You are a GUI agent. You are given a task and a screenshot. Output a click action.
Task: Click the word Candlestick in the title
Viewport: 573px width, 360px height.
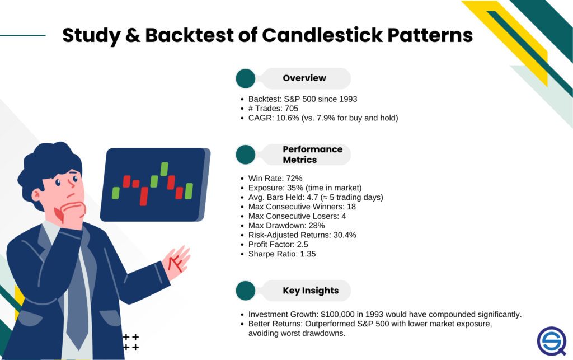click(x=323, y=35)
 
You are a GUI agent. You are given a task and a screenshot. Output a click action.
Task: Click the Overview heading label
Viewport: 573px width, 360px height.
click(x=304, y=78)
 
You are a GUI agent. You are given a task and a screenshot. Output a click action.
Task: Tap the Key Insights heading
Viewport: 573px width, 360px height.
click(x=311, y=291)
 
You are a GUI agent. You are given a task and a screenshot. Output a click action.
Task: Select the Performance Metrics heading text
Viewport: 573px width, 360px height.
click(x=312, y=155)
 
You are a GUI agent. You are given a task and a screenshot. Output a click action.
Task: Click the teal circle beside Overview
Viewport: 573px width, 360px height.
click(x=246, y=78)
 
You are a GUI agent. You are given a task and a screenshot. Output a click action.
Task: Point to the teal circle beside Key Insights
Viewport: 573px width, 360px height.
click(x=246, y=291)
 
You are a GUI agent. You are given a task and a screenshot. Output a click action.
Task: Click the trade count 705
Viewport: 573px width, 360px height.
click(x=292, y=109)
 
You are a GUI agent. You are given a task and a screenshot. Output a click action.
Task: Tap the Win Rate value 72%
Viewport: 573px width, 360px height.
click(x=294, y=179)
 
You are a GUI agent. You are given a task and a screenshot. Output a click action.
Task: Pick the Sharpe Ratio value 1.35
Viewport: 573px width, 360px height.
click(x=308, y=254)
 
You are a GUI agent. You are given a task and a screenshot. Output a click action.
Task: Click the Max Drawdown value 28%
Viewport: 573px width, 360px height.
click(x=317, y=226)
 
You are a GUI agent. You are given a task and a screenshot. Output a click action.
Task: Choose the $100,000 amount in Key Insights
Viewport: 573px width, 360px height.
click(x=337, y=314)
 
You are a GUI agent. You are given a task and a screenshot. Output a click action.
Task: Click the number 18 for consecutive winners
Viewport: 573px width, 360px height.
click(x=351, y=207)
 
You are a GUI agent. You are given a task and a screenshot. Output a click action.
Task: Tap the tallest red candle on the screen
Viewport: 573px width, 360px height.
click(x=144, y=197)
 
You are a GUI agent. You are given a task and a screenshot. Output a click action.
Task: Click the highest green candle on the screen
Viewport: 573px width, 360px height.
click(x=164, y=169)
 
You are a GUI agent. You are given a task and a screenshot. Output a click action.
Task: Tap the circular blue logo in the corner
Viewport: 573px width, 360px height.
click(x=552, y=341)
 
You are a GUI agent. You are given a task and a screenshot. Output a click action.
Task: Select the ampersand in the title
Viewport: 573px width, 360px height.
click(x=133, y=35)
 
